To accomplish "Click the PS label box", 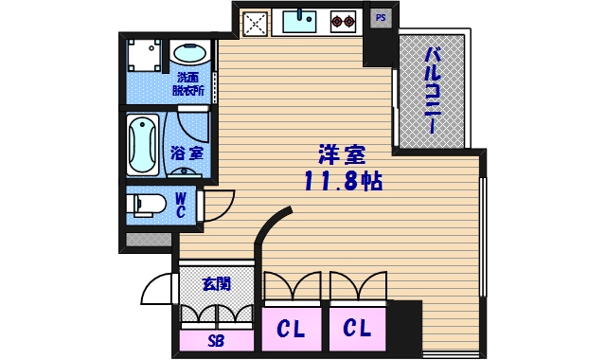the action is [380, 17].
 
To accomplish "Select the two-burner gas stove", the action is [342, 20].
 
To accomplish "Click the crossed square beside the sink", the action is [255, 22].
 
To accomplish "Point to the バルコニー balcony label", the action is [432, 90].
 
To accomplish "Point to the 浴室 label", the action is [187, 152].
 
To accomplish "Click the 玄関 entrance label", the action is [216, 283].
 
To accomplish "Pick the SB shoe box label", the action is [216, 341].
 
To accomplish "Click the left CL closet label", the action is [291, 329].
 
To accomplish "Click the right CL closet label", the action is [357, 329].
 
